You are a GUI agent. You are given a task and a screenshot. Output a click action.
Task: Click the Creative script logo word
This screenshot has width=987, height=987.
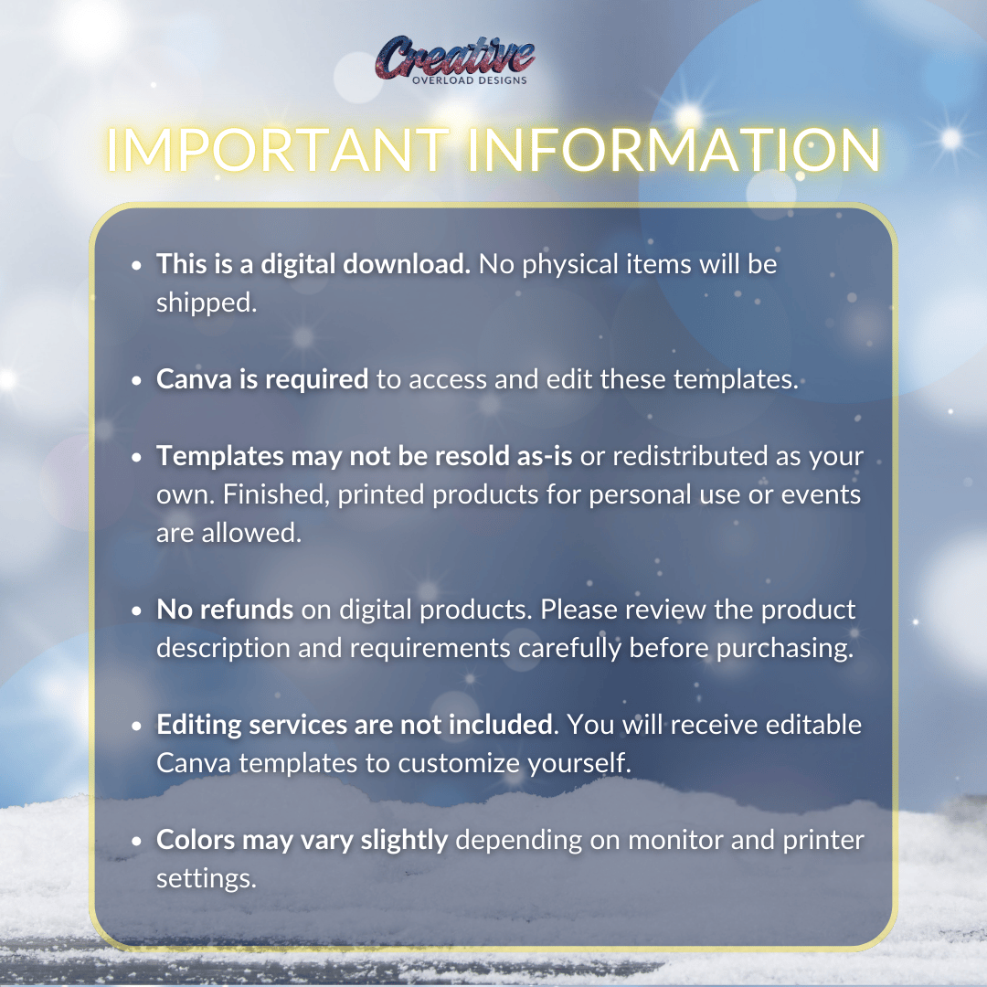point(455,57)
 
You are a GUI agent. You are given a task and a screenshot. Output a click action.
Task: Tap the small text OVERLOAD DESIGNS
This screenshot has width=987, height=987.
point(470,80)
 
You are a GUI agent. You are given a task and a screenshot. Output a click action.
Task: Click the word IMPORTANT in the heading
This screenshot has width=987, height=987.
point(278,150)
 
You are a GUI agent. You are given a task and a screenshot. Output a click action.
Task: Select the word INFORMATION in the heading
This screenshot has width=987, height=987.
point(674,150)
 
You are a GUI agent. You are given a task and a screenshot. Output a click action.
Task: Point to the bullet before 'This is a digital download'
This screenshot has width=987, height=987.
point(137,266)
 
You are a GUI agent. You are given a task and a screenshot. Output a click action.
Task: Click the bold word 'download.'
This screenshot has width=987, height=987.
point(407,264)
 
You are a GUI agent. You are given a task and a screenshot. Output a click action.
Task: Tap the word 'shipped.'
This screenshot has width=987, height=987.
point(207,303)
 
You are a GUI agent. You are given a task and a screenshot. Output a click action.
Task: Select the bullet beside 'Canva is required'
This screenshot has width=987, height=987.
point(137,381)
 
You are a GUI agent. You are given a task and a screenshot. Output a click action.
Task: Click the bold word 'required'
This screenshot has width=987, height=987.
point(316,380)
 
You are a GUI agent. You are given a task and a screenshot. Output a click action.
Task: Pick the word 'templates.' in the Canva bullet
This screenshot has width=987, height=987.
point(736,379)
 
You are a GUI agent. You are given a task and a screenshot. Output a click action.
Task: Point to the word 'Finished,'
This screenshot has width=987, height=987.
point(276,495)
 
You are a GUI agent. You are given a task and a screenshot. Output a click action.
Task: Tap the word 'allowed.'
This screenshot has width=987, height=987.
point(251,533)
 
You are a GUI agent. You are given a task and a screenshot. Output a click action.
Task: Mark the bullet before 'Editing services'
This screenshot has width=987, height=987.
point(137,727)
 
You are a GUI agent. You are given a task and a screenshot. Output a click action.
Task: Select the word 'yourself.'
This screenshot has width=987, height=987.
point(579,763)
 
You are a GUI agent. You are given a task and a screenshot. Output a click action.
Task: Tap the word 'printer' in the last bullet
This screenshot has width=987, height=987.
point(823,841)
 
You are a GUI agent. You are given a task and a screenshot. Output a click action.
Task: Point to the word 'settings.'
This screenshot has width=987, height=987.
point(207,879)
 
